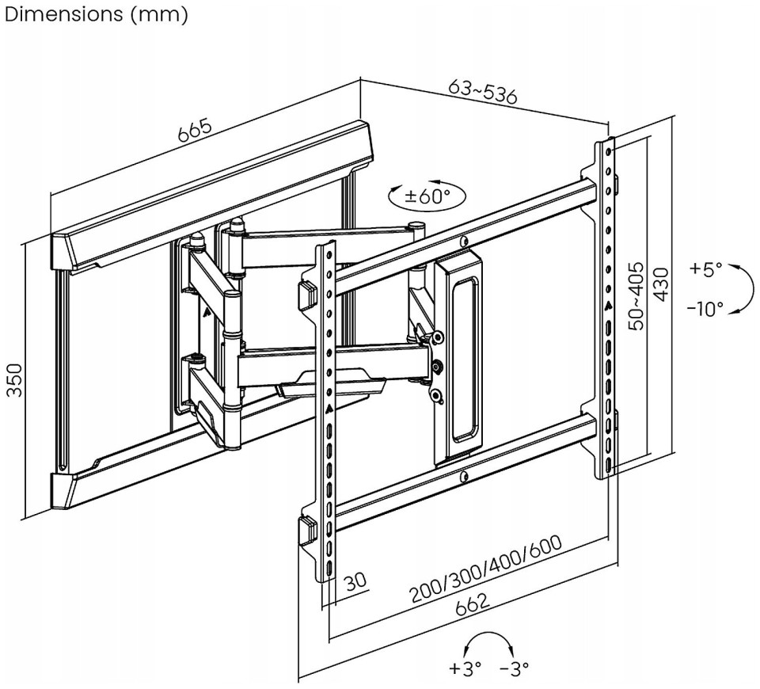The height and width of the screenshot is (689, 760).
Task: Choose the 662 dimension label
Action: [x=473, y=609]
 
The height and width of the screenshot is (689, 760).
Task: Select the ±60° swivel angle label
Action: [x=427, y=196]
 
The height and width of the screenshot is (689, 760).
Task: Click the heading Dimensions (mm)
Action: [x=96, y=13]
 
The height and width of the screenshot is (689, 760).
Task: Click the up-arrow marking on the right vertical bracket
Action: [x=607, y=306]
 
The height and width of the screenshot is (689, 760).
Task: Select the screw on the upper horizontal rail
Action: [x=463, y=241]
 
